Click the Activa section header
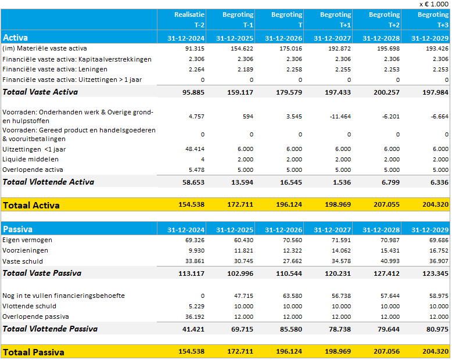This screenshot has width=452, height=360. (x=16, y=38)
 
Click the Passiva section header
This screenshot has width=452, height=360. (x=17, y=229)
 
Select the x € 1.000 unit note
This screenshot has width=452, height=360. (x=433, y=4)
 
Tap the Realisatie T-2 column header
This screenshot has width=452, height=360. (x=189, y=20)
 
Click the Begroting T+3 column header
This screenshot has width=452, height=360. (x=433, y=20)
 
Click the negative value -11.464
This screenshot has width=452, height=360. (x=339, y=116)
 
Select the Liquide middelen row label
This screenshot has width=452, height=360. (x=30, y=159)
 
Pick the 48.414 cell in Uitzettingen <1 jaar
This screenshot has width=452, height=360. (x=193, y=149)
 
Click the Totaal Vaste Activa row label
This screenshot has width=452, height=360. (x=40, y=92)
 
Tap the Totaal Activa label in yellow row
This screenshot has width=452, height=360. (x=31, y=205)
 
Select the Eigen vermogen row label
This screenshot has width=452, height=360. (x=27, y=240)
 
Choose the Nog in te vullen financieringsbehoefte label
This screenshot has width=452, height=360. (x=63, y=296)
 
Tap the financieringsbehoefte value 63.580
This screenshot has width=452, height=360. (x=290, y=296)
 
